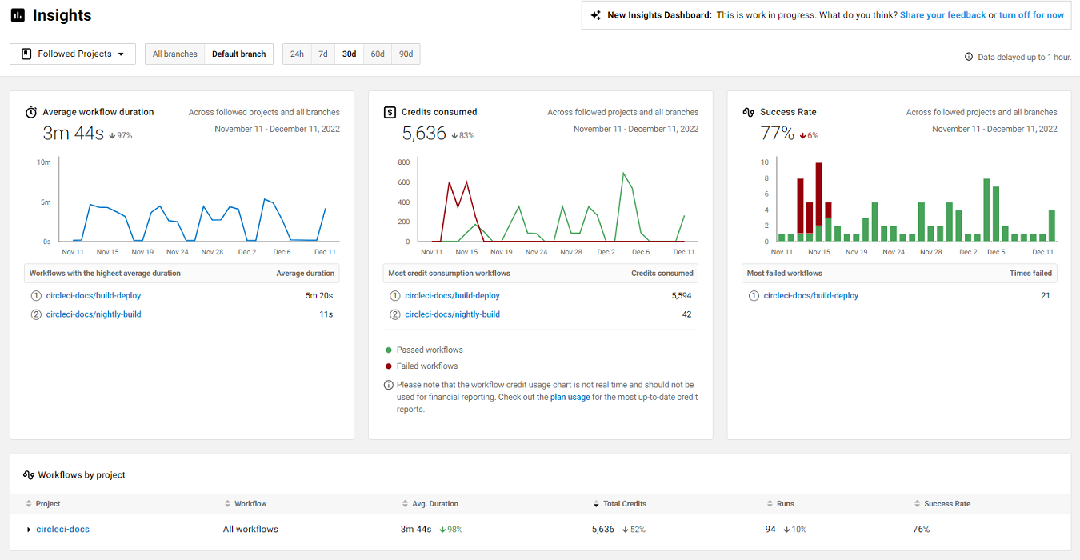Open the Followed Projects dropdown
73,54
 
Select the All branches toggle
174,54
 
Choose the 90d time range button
406,54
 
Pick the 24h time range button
297,54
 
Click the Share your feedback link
942,15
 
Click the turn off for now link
1031,15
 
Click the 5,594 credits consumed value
681,295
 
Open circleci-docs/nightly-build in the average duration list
93,314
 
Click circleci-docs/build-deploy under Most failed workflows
810,295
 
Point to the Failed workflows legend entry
426,366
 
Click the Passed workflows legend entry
429,350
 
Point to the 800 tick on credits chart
403,162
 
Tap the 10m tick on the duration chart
44,162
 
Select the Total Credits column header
624,503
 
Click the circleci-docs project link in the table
62,529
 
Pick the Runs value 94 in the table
770,529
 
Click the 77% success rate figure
777,133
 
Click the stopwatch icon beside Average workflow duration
30,112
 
